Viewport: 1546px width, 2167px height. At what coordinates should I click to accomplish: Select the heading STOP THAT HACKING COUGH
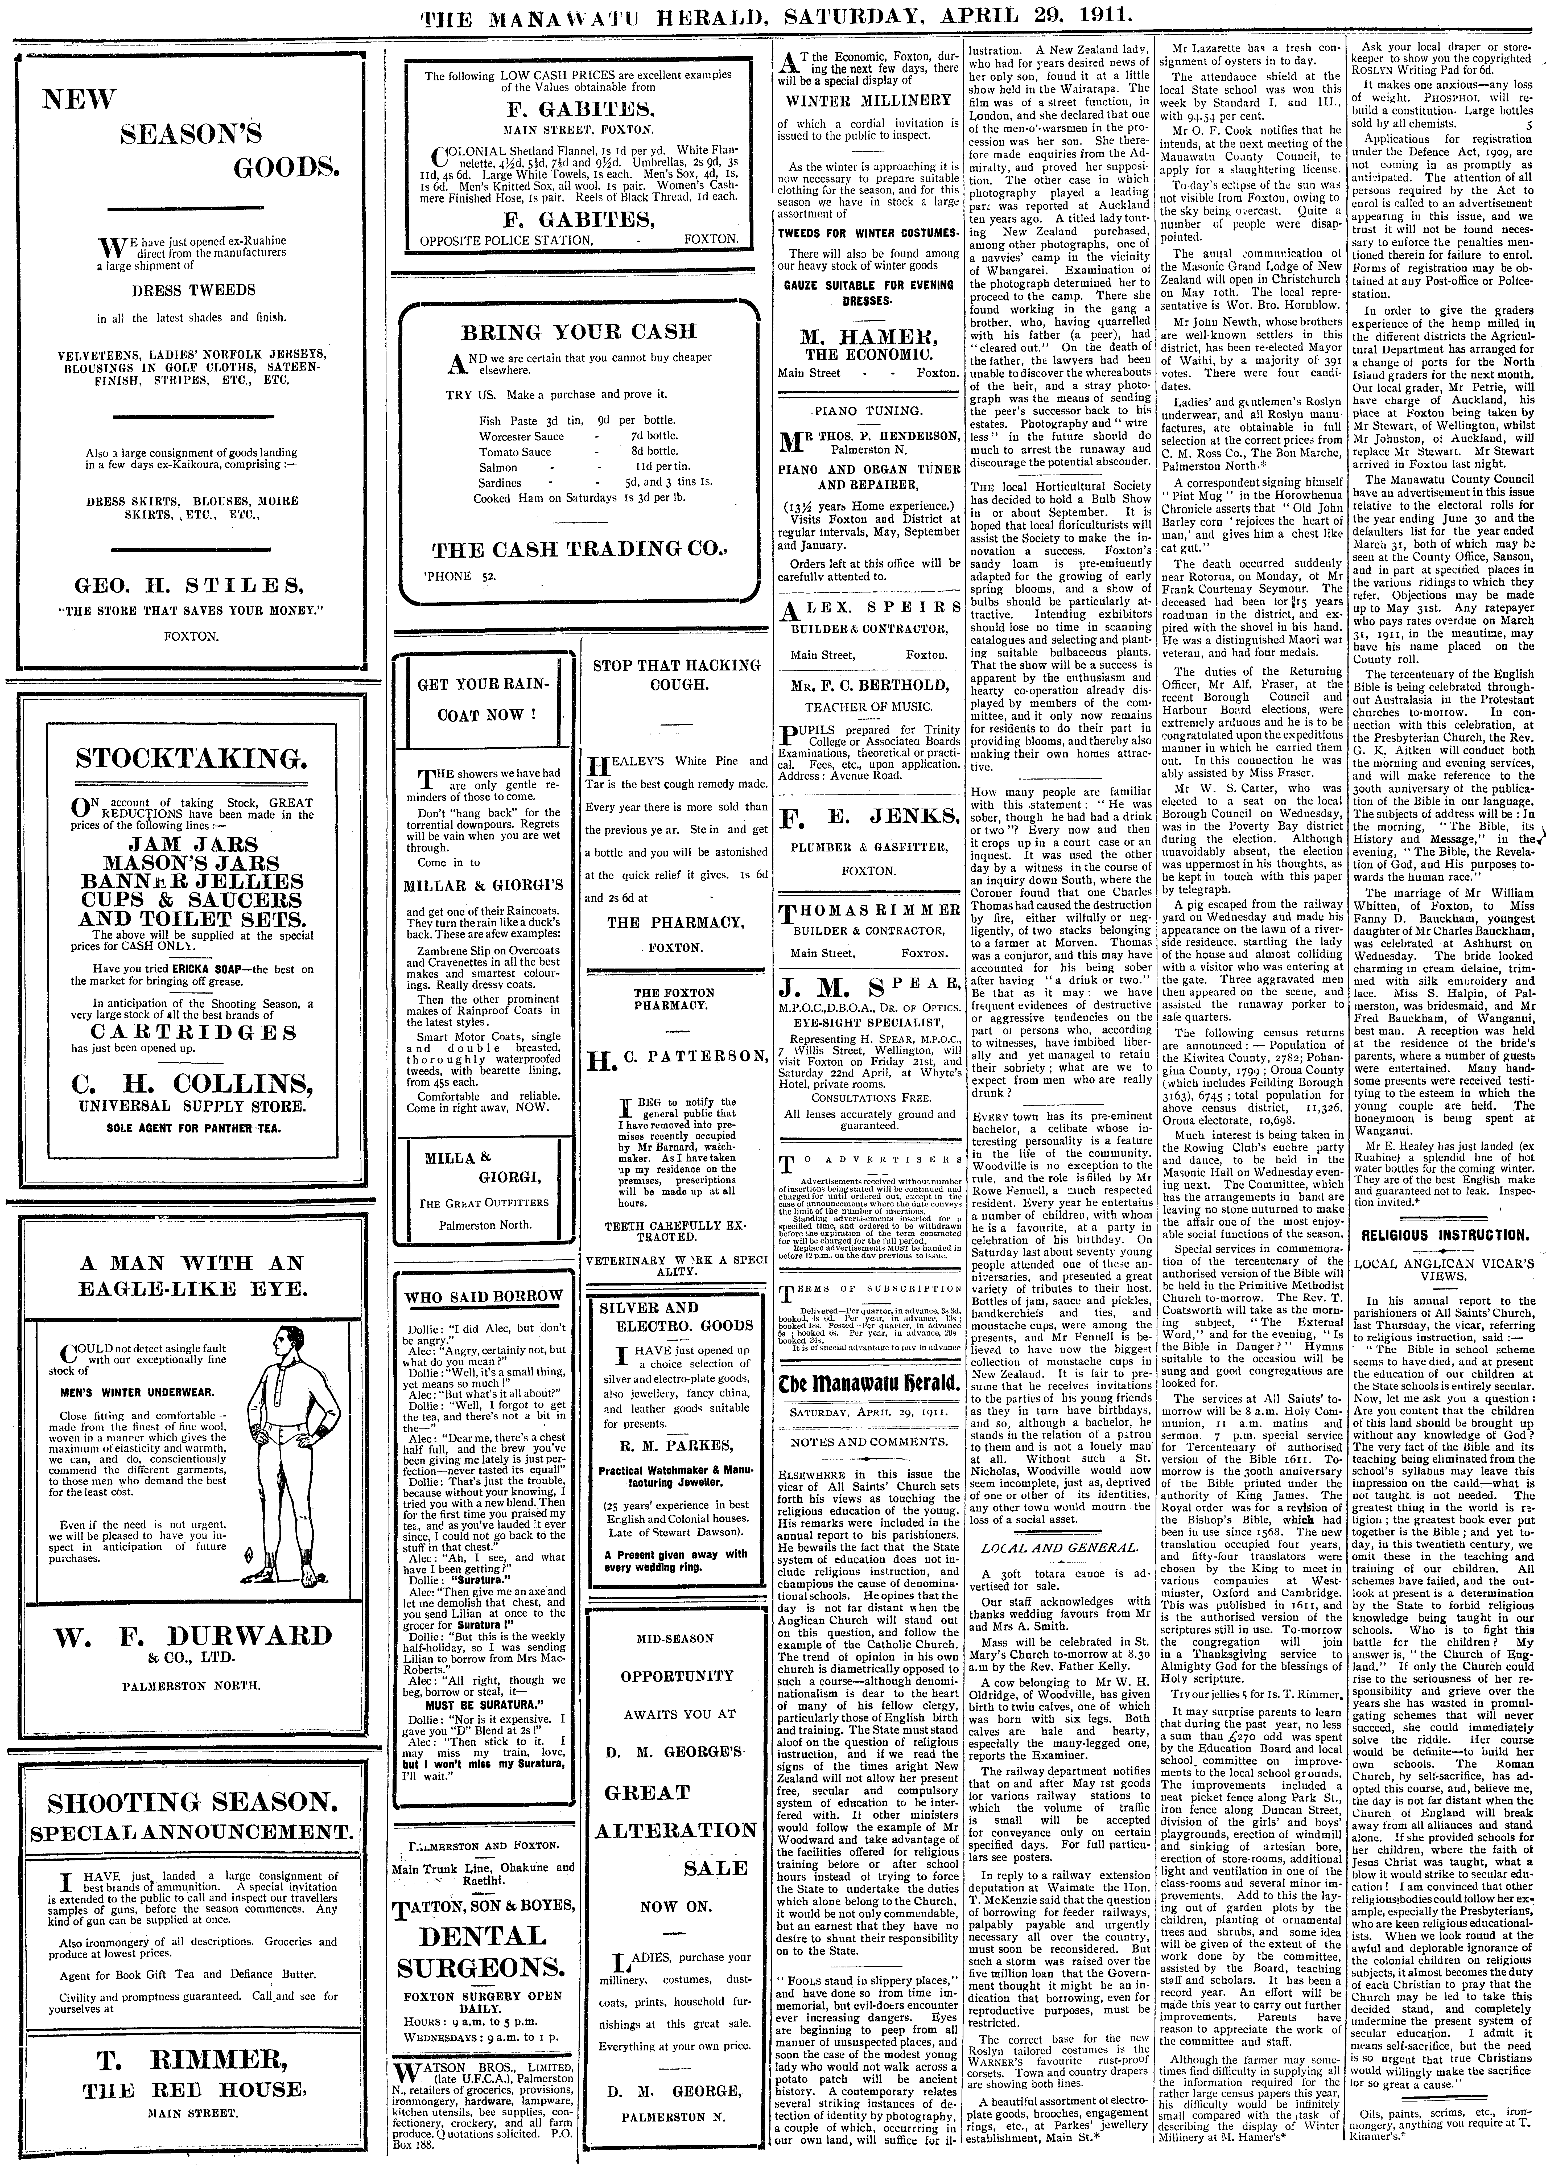[x=677, y=675]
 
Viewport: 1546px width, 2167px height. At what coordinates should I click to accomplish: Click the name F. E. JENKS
[x=867, y=816]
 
